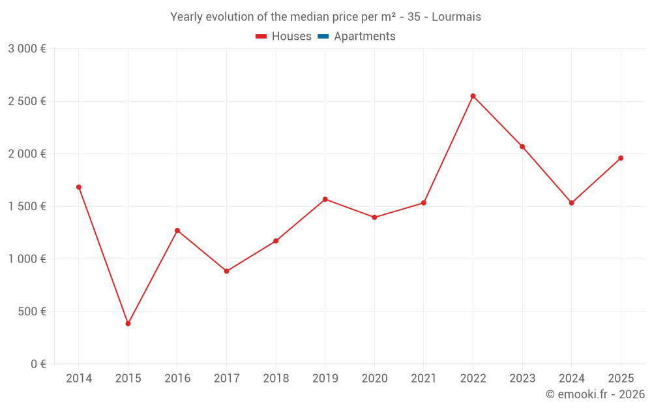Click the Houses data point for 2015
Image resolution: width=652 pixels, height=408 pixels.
point(128,324)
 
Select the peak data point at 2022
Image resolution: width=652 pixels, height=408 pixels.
point(473,96)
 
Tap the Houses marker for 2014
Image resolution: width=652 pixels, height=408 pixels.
point(79,187)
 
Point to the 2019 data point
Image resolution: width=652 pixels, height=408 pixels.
point(325,199)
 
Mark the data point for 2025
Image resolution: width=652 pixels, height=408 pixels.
point(621,158)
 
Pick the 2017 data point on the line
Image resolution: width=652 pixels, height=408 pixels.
point(227,271)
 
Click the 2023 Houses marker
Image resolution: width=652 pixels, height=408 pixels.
point(522,147)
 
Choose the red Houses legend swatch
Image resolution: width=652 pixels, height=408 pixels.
point(261,37)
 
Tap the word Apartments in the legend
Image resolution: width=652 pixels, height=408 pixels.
point(364,37)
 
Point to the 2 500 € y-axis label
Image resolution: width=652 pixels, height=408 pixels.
point(27,101)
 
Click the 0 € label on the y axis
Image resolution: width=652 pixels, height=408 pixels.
point(38,364)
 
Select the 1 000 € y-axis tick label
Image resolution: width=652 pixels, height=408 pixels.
point(27,259)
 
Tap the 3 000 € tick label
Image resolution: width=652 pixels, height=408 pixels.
point(27,49)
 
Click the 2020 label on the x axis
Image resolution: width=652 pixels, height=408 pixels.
point(374,379)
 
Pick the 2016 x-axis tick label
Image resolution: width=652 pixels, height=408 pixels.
point(177,379)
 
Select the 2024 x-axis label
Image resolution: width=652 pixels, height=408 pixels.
point(572,379)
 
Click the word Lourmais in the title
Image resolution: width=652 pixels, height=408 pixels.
point(456,17)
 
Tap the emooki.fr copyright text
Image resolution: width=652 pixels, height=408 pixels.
point(595,394)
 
